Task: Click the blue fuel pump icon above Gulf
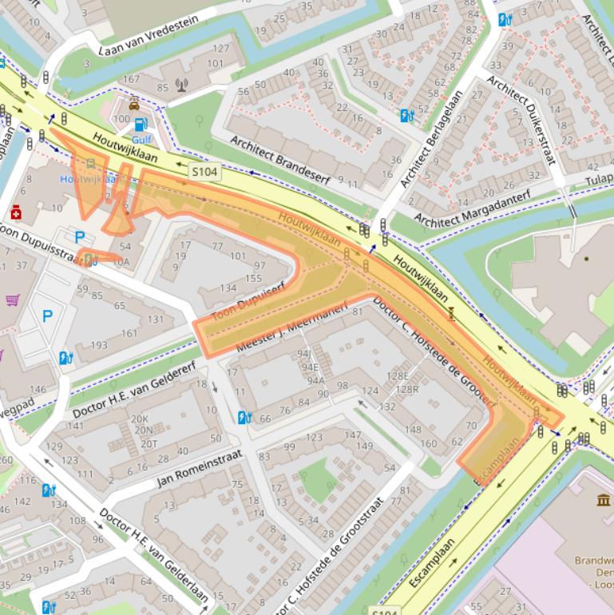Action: (x=141, y=124)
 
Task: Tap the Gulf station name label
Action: (x=141, y=139)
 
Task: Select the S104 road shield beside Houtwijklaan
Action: (x=202, y=171)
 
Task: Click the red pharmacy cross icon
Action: (x=16, y=212)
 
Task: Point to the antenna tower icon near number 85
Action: (x=181, y=84)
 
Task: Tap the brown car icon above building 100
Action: (x=134, y=105)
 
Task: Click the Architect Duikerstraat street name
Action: (x=520, y=120)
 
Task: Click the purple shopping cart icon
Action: (x=13, y=300)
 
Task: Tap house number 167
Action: (x=131, y=79)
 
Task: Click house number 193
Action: (x=98, y=345)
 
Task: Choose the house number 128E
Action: (x=398, y=375)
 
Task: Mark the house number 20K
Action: (x=140, y=419)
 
